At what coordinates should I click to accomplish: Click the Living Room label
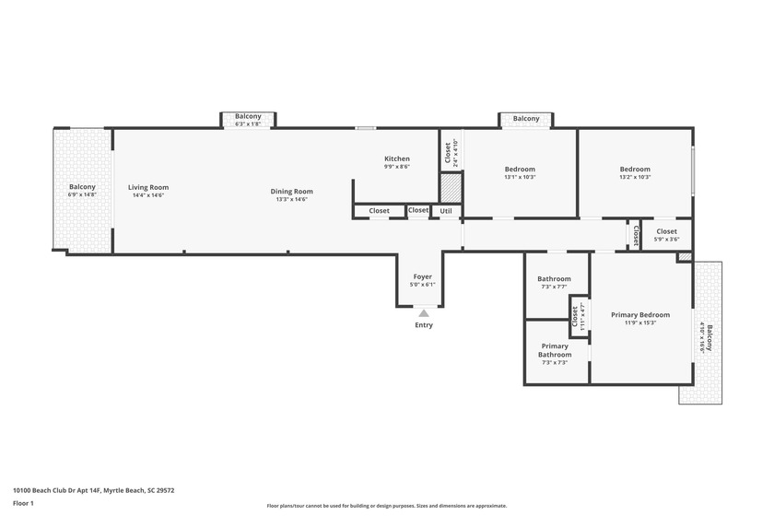(147, 187)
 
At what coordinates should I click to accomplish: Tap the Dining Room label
(291, 192)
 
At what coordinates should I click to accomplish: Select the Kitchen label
(397, 158)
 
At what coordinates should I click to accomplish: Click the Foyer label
(422, 276)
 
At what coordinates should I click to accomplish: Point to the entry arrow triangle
(423, 313)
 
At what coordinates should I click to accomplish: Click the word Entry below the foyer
(424, 325)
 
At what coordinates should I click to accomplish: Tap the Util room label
(446, 211)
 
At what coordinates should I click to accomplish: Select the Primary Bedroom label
(640, 315)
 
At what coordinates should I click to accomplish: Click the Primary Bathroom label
(555, 350)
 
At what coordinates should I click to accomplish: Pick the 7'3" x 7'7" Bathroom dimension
(555, 287)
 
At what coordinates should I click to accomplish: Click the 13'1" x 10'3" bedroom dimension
(520, 177)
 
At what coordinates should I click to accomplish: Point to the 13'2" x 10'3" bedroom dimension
(635, 177)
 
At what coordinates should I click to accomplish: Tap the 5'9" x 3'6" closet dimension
(666, 240)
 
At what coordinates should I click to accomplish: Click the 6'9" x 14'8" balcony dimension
(82, 194)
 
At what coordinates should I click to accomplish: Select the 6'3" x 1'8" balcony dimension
(248, 123)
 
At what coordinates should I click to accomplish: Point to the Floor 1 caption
(23, 503)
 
